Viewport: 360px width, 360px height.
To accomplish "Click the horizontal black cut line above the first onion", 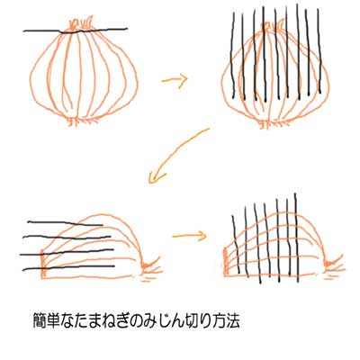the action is coord(75,31).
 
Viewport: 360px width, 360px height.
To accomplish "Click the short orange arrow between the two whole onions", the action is coord(175,80).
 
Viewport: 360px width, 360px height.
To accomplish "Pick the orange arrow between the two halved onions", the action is coord(190,236).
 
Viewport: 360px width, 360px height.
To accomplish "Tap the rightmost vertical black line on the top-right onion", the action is coord(319,51).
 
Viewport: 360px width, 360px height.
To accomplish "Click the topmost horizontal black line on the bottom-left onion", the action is coord(65,223).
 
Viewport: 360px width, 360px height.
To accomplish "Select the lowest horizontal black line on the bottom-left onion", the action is coord(68,267).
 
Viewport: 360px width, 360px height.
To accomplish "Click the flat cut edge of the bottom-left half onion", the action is coord(43,264).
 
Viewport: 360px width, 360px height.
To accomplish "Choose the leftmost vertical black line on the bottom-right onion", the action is coord(236,244).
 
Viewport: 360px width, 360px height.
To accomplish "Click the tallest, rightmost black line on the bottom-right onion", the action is coord(296,238).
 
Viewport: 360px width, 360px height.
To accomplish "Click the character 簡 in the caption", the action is coord(40,321).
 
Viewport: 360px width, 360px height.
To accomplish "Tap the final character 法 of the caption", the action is coord(233,321).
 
